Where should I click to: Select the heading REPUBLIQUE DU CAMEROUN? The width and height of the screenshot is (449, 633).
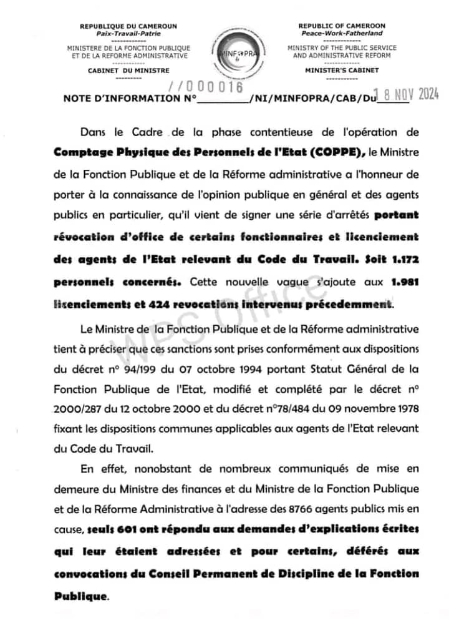[x=128, y=26]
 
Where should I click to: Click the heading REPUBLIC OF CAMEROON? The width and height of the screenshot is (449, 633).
[x=342, y=26]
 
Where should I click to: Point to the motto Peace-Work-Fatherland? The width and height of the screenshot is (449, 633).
[x=342, y=33]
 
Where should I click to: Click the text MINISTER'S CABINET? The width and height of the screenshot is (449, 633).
[x=342, y=71]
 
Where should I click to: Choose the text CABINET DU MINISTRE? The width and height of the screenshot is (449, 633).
[x=128, y=71]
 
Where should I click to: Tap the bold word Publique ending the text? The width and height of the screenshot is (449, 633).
[x=80, y=596]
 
